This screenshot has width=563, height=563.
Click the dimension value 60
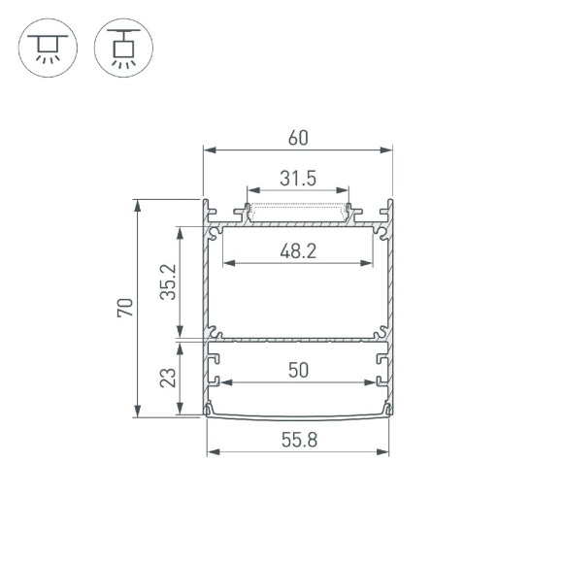298,138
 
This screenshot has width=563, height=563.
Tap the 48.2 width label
298,250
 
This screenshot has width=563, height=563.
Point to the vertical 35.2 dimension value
168,282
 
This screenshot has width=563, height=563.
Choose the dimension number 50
298,370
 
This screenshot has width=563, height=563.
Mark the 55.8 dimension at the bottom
298,440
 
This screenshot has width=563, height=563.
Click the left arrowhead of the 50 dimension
215,382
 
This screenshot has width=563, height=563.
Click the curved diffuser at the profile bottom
298,417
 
